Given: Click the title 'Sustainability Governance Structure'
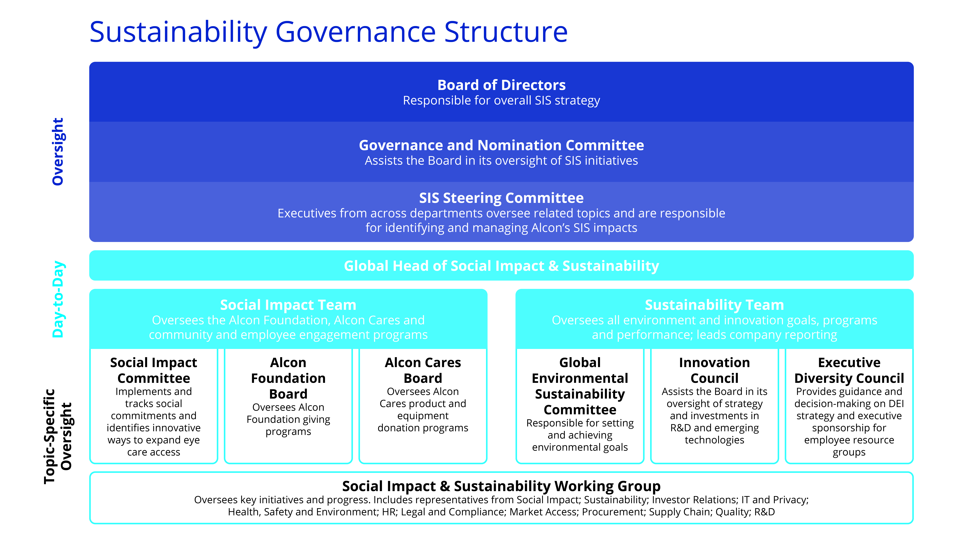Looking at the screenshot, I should coord(328,32).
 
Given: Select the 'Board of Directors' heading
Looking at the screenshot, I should coord(501,85).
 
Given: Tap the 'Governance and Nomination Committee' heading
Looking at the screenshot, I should coord(501,145).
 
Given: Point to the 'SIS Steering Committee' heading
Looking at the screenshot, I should coord(501,198).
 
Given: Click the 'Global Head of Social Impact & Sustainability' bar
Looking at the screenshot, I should coord(501,266).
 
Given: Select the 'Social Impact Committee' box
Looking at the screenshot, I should coord(154,406).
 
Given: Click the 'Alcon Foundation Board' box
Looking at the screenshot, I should coord(288,406).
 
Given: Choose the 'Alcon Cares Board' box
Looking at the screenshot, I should coord(423,406).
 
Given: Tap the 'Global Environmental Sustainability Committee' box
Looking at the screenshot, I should coord(580,406).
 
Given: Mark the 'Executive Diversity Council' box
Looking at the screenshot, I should coord(849,406).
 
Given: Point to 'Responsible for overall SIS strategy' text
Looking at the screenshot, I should coord(501,100).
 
